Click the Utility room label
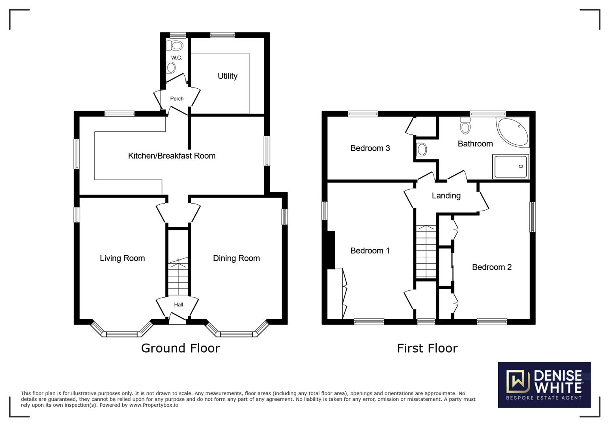pos(227,76)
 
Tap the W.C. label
pos(176,58)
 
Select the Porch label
pos(177,99)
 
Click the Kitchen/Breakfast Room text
pos(172,156)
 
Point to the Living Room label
pos(122,258)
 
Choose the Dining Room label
pos(236,258)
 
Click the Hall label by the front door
pos(178,305)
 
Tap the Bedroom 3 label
pos(370,148)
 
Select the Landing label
pos(446,196)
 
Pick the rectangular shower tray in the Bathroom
pos(510,166)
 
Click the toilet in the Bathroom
pos(465,126)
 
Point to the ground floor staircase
pos(178,276)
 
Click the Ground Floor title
pos(180,348)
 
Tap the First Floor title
pos(427,348)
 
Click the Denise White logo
pos(544,385)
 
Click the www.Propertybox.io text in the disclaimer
pos(153,405)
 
